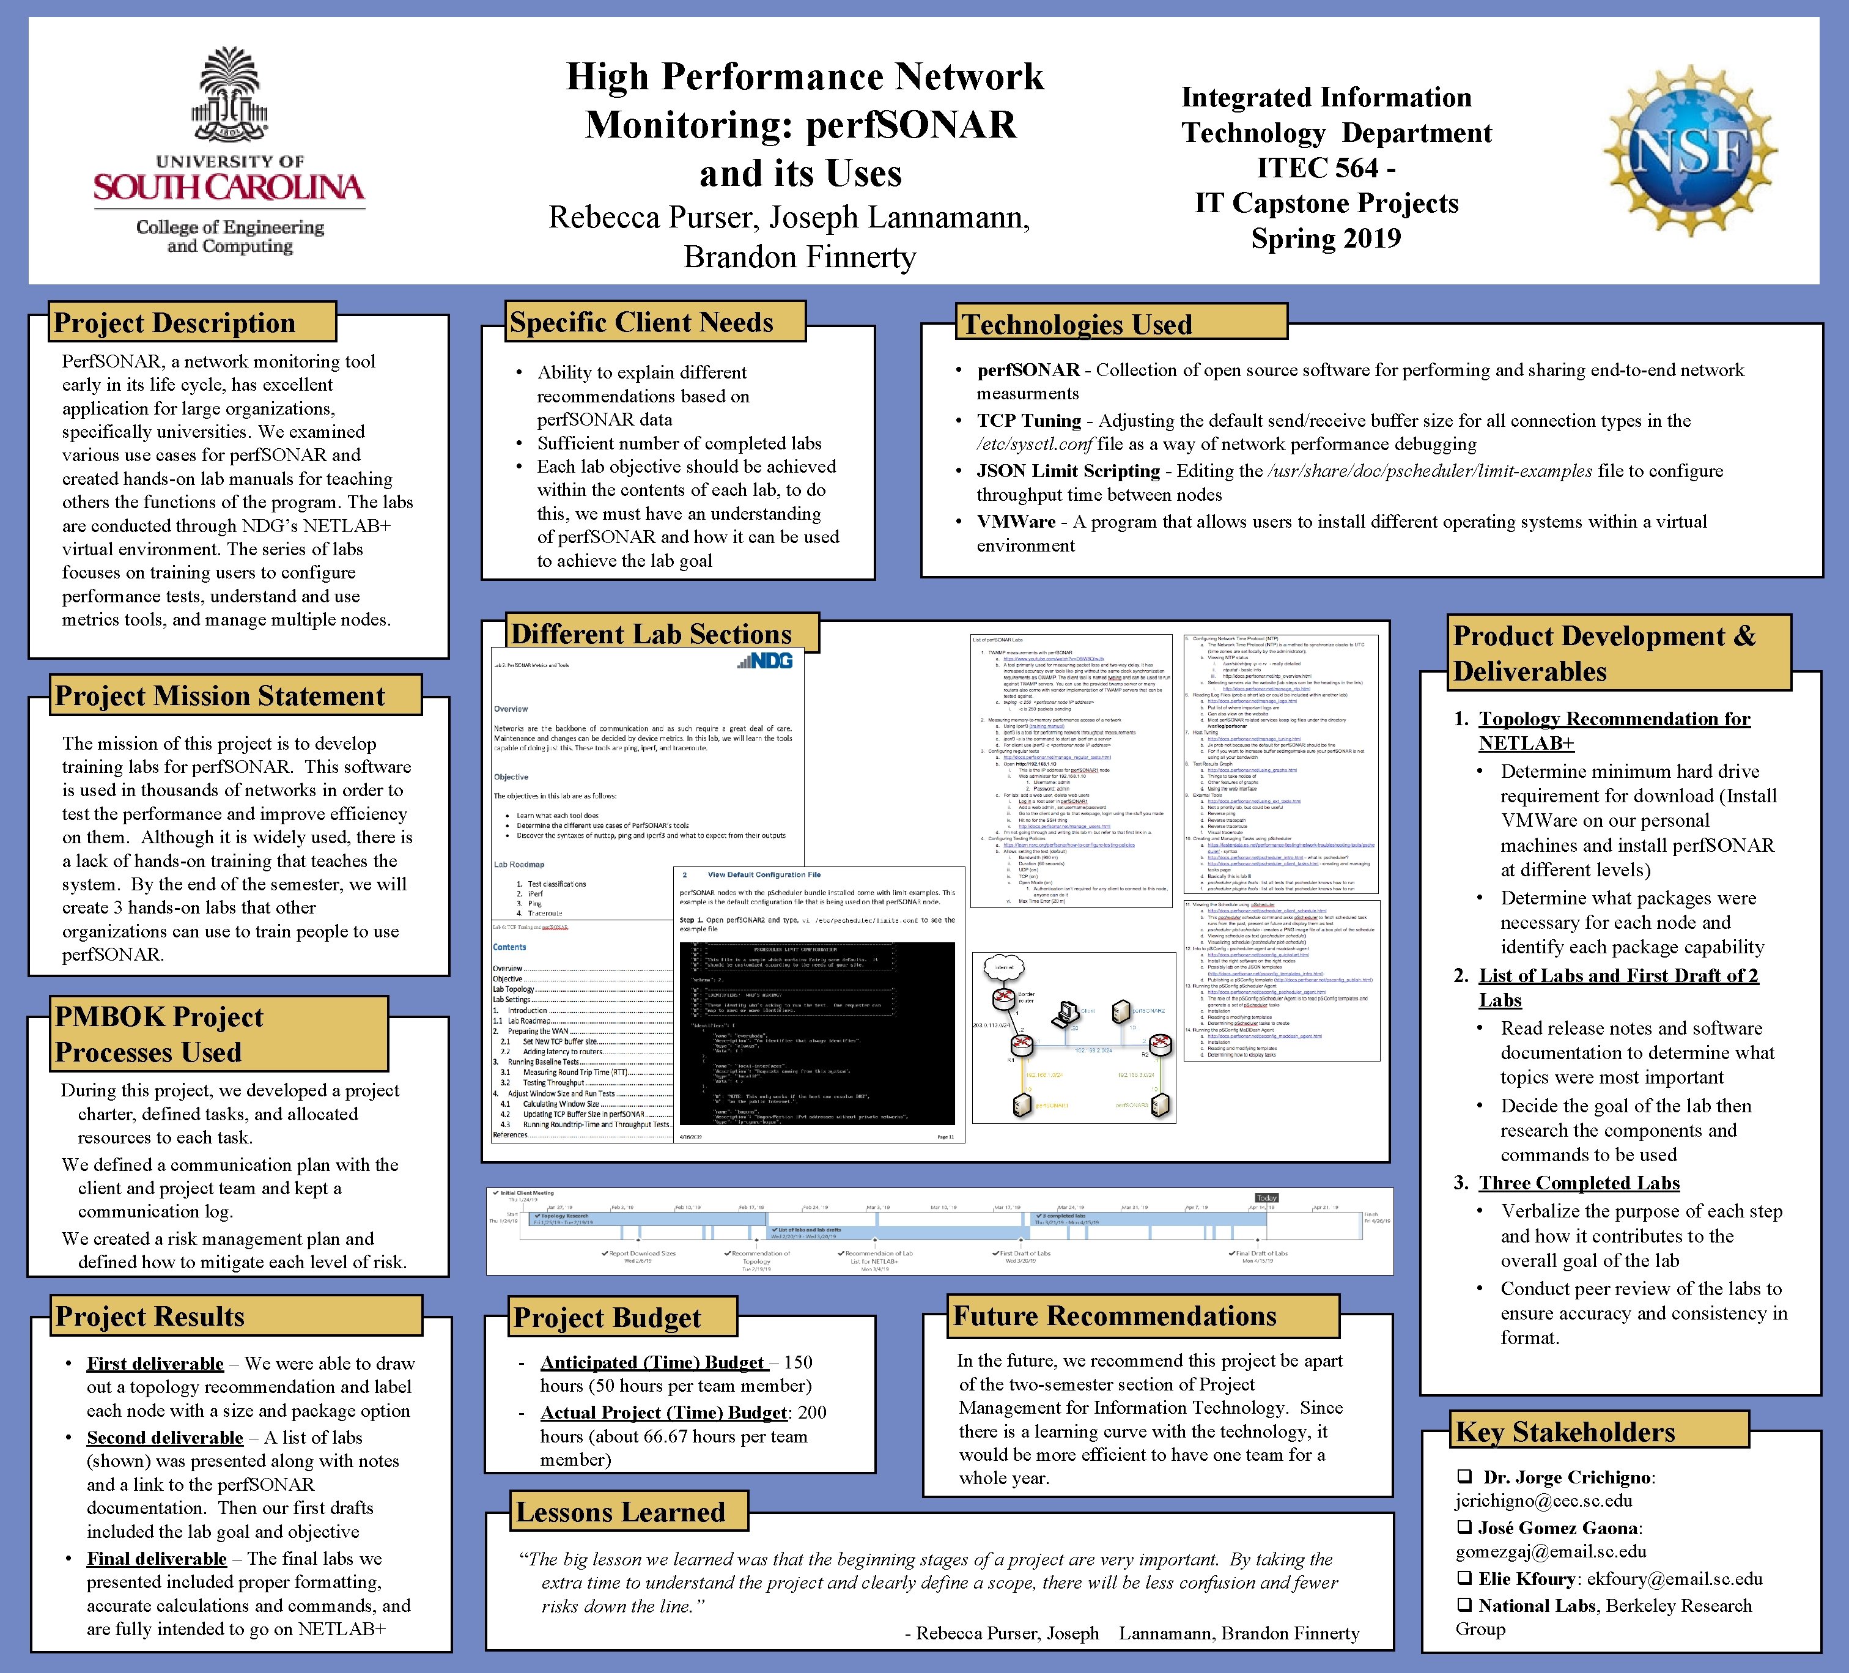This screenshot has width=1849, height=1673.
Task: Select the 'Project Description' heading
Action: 174,323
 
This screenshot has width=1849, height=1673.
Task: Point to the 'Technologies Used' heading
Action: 1077,324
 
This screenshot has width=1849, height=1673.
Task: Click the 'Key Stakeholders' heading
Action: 1565,1432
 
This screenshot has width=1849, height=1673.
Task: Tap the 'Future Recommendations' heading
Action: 1114,1316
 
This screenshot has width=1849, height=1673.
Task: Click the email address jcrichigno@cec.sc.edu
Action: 1543,1501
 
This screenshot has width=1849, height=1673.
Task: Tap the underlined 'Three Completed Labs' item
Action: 1579,1183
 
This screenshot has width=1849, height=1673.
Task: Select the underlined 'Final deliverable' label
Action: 157,1558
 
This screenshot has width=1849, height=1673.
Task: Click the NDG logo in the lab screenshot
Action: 764,660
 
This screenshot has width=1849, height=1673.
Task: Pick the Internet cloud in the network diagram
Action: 1003,967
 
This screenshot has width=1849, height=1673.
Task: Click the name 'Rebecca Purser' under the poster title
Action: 653,218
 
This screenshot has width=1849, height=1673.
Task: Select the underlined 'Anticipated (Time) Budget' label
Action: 651,1362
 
